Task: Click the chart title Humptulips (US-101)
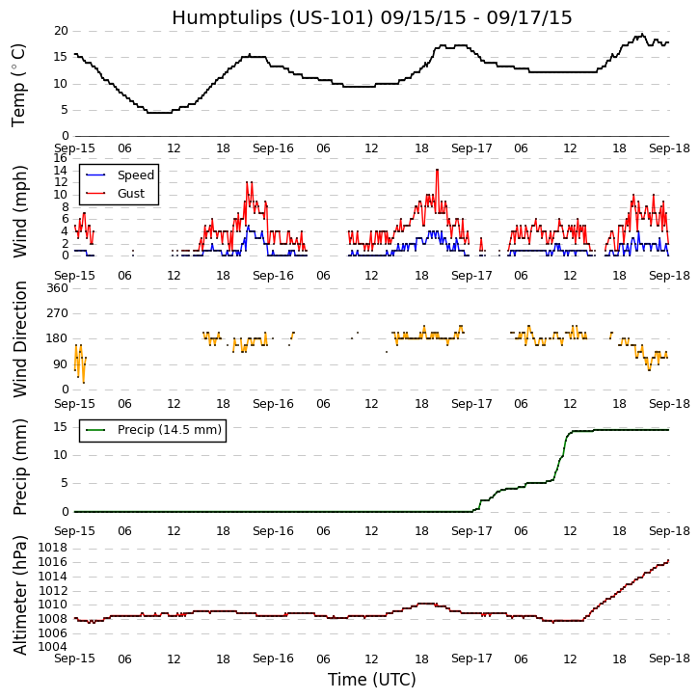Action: point(371,18)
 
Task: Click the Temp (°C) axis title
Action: point(19,84)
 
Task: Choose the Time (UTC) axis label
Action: point(371,680)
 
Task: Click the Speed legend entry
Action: point(135,175)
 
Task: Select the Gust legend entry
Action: point(132,194)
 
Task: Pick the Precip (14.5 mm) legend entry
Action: point(169,430)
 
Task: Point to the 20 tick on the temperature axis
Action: point(60,31)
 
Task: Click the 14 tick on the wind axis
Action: point(60,171)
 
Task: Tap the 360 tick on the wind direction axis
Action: point(56,288)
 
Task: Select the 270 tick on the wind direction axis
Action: point(56,313)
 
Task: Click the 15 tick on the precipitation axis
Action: point(60,426)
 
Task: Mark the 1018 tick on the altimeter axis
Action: point(53,548)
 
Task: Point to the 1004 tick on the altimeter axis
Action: point(53,646)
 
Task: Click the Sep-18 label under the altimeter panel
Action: point(668,659)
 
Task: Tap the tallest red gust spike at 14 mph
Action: point(437,171)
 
